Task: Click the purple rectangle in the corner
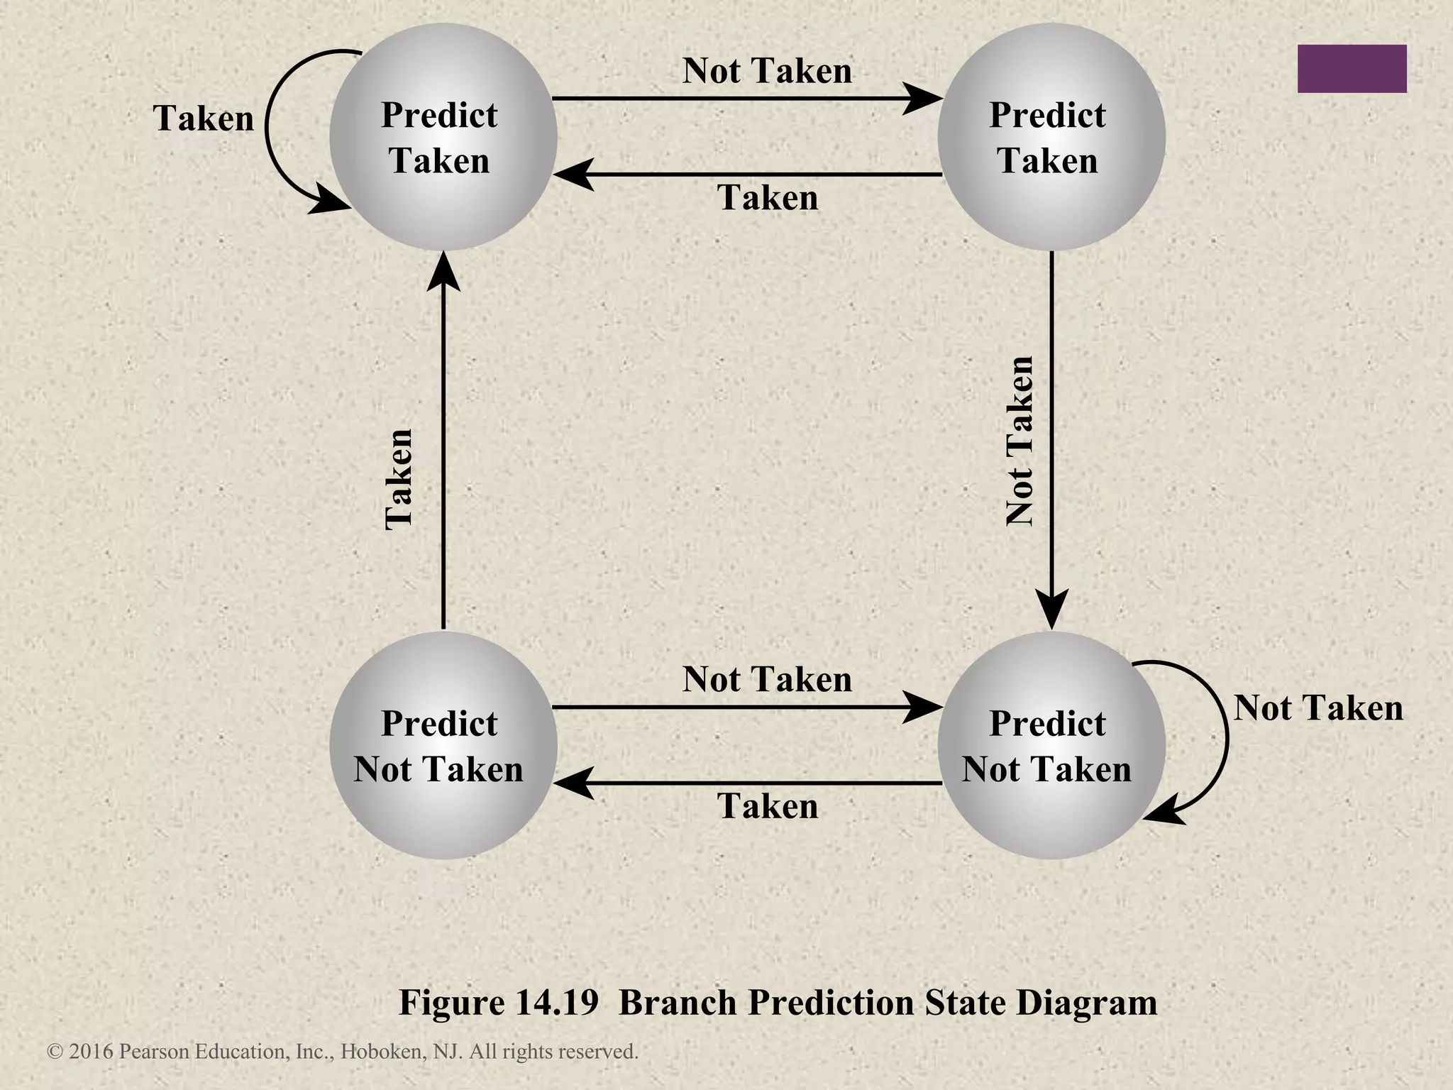point(1352,69)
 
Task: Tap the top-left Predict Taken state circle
point(443,137)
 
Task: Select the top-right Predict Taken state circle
point(1051,137)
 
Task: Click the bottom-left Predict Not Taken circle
point(443,745)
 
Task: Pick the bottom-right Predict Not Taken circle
point(1051,745)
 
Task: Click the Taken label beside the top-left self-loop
point(204,119)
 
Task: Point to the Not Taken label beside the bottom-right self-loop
point(1318,708)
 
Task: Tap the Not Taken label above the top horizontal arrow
point(767,71)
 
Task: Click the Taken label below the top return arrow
point(768,197)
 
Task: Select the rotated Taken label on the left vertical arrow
point(399,479)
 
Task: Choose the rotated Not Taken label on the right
point(1020,441)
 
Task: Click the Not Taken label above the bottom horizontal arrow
point(767,680)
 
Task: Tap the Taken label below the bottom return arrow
point(768,806)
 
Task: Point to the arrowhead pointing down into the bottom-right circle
point(1051,610)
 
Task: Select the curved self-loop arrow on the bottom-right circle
point(1226,738)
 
